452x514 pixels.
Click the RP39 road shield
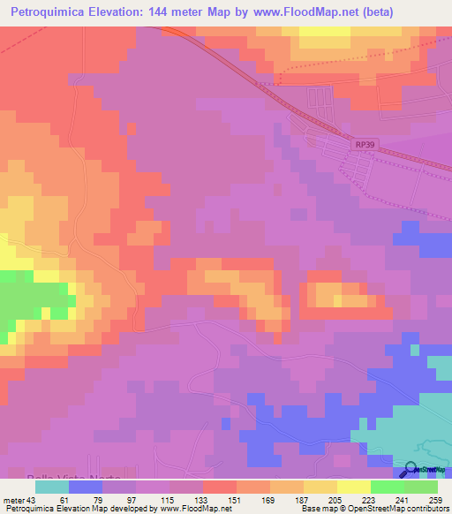tap(363, 144)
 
